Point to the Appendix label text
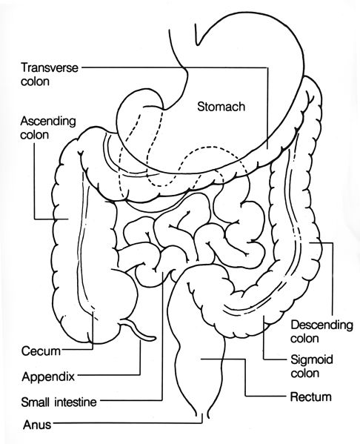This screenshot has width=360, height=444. (47, 375)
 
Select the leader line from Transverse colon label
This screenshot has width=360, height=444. (170, 67)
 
